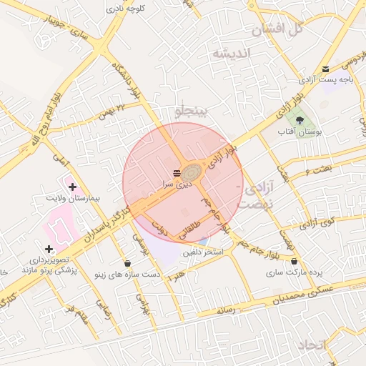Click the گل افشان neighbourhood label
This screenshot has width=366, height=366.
pos(279,29)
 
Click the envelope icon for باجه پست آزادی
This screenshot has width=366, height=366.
pos(326,69)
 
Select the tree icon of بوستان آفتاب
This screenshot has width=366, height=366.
pos(299,120)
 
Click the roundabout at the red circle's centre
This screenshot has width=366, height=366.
pos(191,173)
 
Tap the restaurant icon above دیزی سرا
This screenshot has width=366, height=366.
pos(177,174)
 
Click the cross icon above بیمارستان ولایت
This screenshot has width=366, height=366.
pos(71,187)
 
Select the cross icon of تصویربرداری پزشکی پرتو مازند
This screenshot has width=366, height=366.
pos(49,249)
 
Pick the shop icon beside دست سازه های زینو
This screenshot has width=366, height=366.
pos(127,263)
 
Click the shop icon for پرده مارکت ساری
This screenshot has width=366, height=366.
pos(294,262)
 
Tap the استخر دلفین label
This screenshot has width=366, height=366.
pos(203,252)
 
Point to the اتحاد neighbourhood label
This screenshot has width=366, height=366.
pos(313,345)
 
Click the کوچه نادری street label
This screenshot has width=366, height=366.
pos(126,9)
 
